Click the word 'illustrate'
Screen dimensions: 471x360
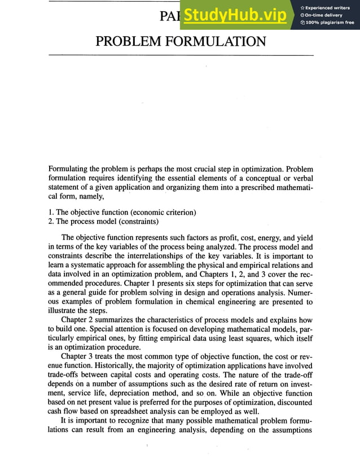(x=63, y=311)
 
